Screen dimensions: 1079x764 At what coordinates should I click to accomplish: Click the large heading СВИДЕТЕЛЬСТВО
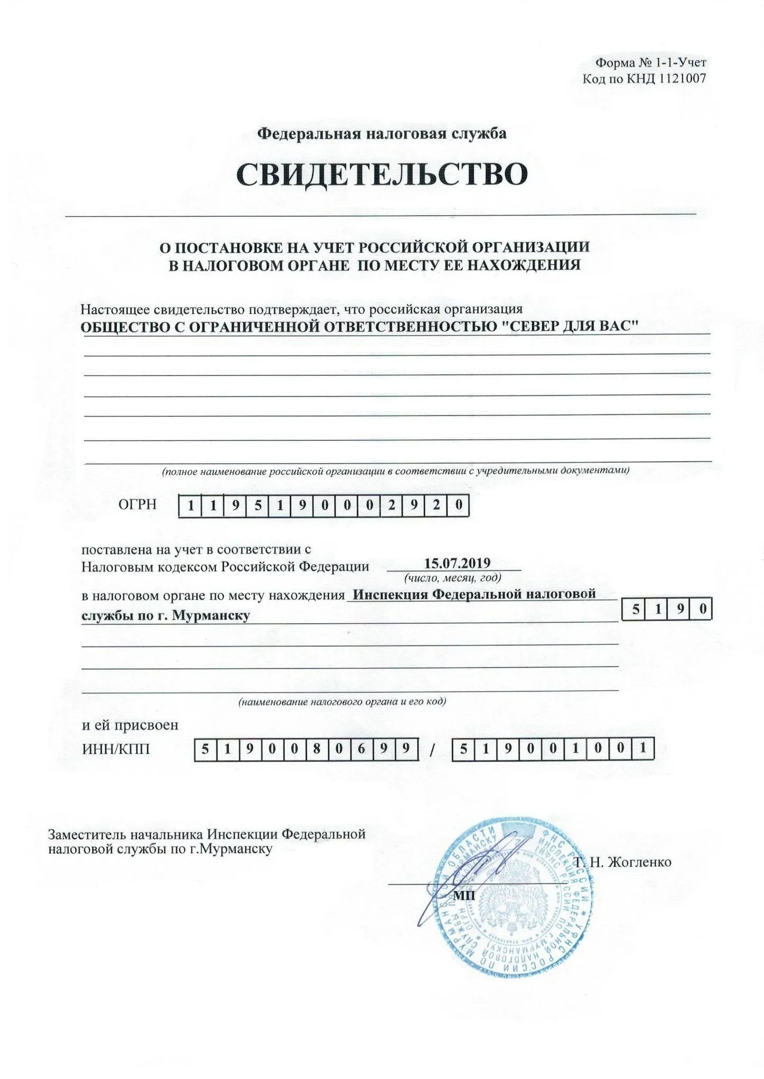click(x=381, y=174)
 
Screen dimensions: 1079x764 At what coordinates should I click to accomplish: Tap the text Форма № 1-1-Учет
click(x=650, y=63)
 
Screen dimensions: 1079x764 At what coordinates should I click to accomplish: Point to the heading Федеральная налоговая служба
click(x=381, y=133)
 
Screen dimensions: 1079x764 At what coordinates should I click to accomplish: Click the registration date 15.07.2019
click(x=458, y=563)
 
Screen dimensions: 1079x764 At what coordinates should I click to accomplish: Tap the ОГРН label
click(x=137, y=504)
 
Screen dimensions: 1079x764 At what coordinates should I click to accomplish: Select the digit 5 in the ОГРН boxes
click(x=258, y=506)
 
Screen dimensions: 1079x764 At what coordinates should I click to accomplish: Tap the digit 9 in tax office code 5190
click(x=681, y=610)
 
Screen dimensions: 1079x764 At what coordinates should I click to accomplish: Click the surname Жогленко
click(x=640, y=862)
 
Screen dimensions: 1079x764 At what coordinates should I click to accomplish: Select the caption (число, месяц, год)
click(x=453, y=577)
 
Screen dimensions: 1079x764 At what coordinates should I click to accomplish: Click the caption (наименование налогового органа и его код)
click(x=342, y=702)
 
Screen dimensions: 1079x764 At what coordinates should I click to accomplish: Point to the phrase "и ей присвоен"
click(x=130, y=724)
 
